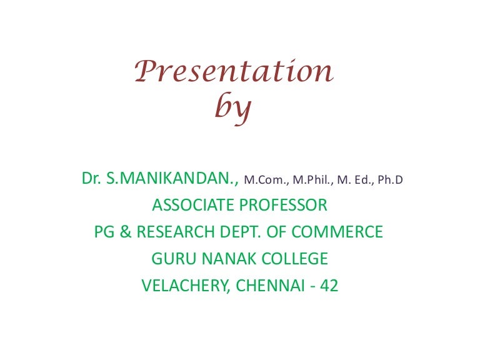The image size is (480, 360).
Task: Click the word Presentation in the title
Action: [234, 72]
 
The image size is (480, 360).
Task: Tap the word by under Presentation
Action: [233, 109]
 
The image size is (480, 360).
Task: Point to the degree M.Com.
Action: [263, 181]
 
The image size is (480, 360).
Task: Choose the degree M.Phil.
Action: [311, 181]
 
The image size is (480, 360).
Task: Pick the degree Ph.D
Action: [389, 181]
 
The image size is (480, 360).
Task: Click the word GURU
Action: [171, 258]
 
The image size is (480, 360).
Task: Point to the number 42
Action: [329, 286]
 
